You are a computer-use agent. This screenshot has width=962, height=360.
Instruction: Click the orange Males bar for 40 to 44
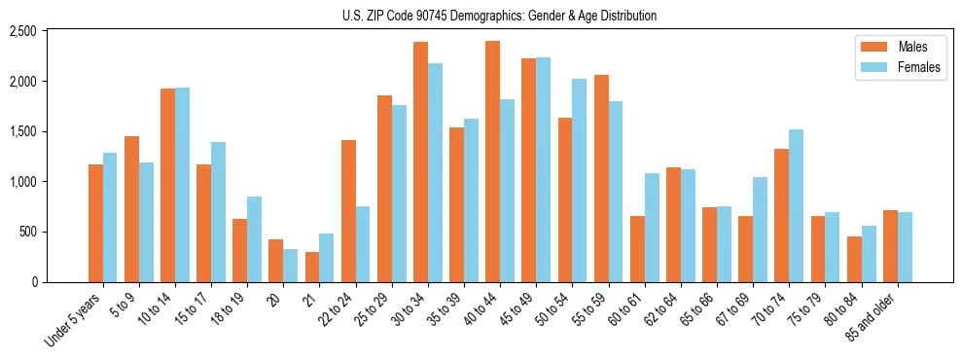click(492, 162)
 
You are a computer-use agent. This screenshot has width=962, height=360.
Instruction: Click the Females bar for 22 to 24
click(363, 244)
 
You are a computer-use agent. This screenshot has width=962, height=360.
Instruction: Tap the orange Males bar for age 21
click(312, 267)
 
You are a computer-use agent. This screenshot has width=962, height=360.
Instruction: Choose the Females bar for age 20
click(291, 266)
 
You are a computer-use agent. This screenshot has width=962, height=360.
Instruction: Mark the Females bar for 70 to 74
click(796, 205)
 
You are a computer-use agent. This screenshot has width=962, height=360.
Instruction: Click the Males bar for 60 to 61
click(637, 249)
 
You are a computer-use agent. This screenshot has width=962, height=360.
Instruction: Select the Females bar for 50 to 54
click(579, 180)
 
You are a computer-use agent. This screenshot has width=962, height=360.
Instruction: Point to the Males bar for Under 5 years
click(95, 223)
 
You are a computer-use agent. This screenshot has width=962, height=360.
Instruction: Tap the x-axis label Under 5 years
click(73, 321)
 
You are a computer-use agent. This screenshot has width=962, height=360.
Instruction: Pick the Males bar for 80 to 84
click(853, 259)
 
